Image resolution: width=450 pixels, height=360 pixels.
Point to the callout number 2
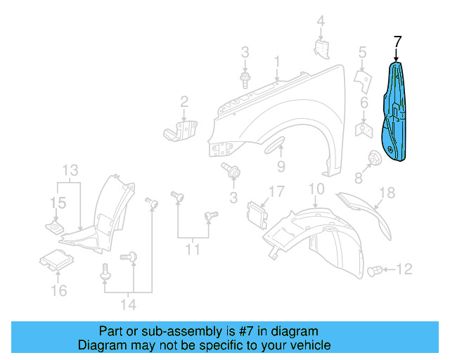point(184,103)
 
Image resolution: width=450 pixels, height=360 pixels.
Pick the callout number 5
point(363,52)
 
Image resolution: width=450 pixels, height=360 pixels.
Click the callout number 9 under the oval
point(281,167)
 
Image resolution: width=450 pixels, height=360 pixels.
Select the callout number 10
point(316,188)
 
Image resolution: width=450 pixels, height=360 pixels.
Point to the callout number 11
point(192,249)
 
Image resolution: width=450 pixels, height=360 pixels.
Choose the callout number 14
point(129,304)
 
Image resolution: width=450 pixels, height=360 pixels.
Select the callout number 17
point(276,191)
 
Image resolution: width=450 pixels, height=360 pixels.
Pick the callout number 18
point(387,193)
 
